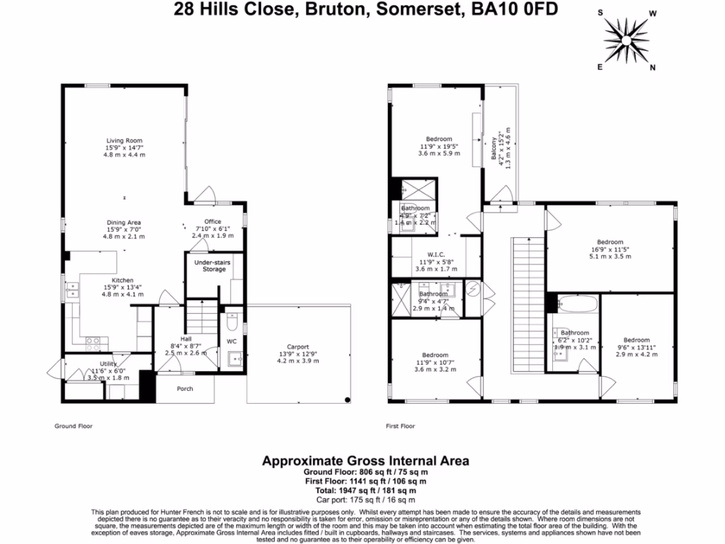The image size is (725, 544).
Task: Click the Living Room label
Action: click(x=125, y=140)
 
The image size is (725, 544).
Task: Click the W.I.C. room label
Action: click(x=435, y=255)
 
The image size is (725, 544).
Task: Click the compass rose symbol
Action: click(x=627, y=39)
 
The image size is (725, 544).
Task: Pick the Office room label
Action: click(x=212, y=222)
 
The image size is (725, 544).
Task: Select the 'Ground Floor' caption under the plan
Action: click(x=74, y=426)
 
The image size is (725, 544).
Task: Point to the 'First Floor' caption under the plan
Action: click(x=401, y=426)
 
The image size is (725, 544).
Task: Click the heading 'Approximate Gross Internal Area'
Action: click(x=365, y=460)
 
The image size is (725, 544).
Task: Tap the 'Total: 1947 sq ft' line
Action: click(x=365, y=489)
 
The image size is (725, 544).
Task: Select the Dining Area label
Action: click(x=124, y=222)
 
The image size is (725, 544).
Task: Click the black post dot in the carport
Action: click(x=347, y=400)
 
